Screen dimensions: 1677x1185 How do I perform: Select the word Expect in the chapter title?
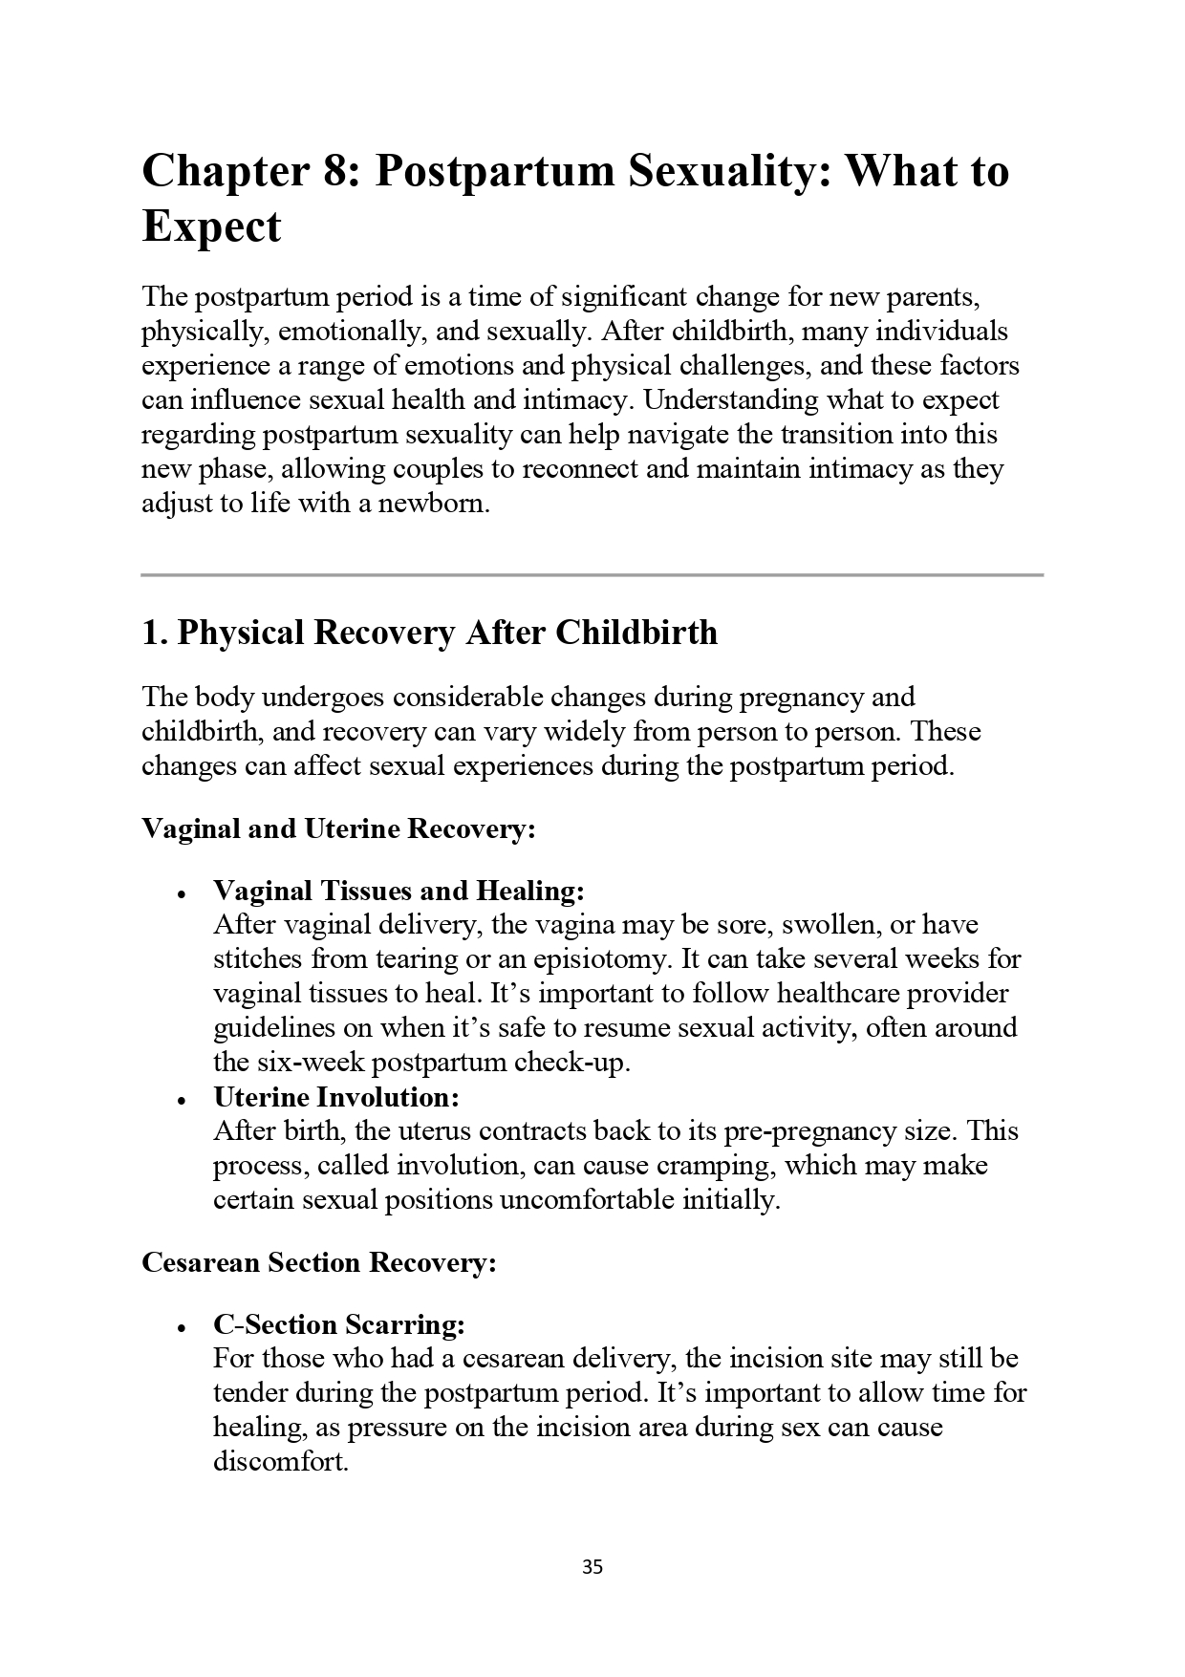click(x=211, y=227)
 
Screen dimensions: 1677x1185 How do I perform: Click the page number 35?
click(x=592, y=1567)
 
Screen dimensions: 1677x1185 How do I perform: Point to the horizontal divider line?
click(x=592, y=575)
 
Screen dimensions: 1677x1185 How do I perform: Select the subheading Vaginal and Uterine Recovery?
click(x=338, y=828)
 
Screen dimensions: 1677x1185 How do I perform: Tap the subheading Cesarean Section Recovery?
click(x=319, y=1262)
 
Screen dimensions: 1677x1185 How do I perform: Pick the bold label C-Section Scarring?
click(x=339, y=1324)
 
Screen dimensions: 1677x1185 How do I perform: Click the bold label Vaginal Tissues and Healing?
click(x=399, y=891)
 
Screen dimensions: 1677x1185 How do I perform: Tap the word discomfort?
click(x=280, y=1462)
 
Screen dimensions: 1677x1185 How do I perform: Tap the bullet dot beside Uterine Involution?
click(x=180, y=1101)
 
